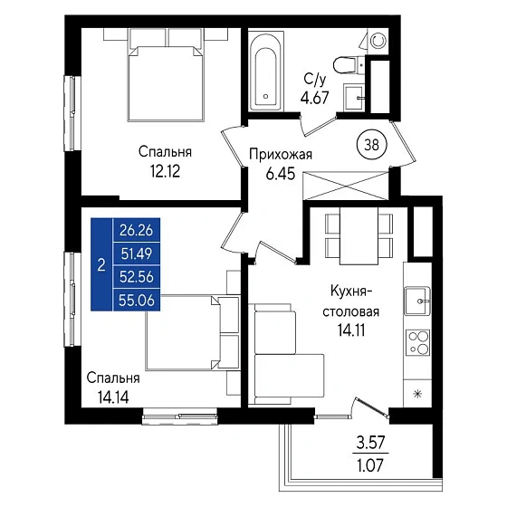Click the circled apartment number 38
(371, 145)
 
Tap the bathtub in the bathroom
(266, 72)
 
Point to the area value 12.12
(165, 171)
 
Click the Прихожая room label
(281, 155)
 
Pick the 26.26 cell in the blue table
(136, 230)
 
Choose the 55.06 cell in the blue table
(137, 301)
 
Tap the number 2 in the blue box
(101, 265)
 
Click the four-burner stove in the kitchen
(417, 342)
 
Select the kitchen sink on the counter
(417, 301)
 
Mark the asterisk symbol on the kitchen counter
(417, 394)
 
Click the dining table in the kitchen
(359, 235)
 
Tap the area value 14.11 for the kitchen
(351, 330)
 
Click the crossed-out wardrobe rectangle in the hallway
(346, 186)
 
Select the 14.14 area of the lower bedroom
(113, 397)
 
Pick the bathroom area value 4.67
(315, 97)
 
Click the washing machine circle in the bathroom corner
(378, 41)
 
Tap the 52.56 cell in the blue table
(136, 277)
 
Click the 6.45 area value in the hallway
(281, 174)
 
